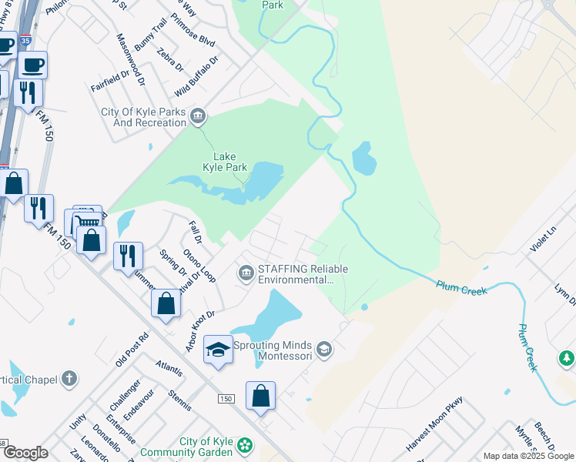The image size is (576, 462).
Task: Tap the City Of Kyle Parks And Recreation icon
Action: [198, 116]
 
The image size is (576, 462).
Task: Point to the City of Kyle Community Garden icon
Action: [246, 445]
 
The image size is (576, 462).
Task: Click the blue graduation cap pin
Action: [219, 350]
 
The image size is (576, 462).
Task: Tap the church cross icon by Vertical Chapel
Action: [69, 378]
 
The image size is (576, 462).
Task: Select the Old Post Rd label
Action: [132, 350]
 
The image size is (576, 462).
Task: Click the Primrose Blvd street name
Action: [193, 29]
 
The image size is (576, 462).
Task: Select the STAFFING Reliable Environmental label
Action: [303, 274]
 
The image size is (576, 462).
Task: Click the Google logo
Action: [25, 453]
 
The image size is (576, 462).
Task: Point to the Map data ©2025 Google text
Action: [528, 456]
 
